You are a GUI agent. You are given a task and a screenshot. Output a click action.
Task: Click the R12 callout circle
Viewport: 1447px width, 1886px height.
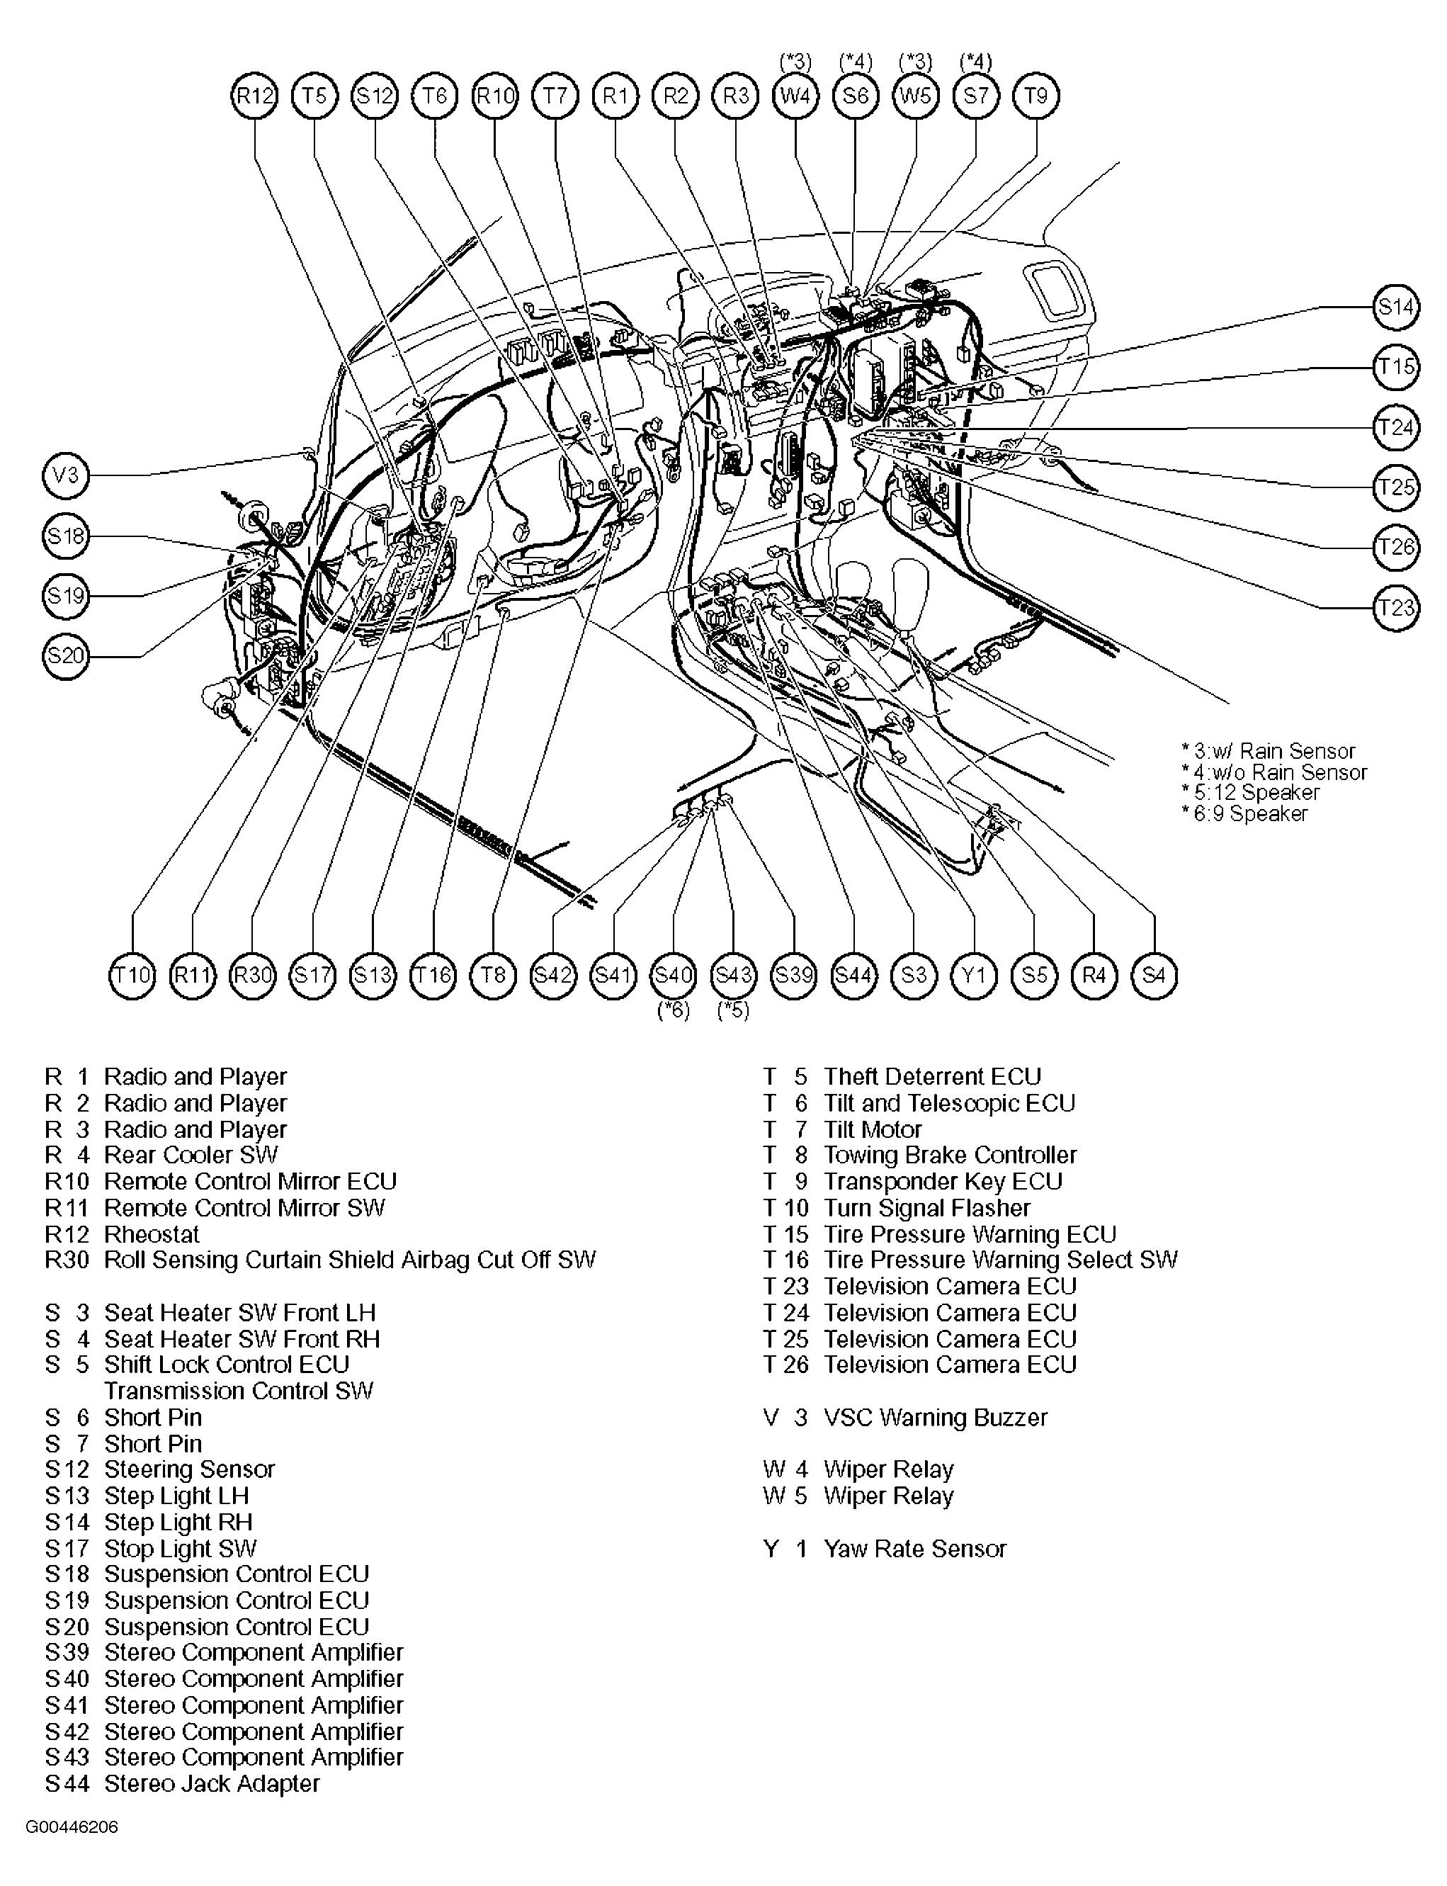click(255, 96)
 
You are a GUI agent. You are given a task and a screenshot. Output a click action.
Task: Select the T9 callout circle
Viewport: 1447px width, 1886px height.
click(1036, 96)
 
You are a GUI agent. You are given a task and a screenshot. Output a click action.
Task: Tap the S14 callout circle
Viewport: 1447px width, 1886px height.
click(1395, 306)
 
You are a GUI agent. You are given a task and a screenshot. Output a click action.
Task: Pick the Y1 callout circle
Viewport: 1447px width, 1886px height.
click(973, 976)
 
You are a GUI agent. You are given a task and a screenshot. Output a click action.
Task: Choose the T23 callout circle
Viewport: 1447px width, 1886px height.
click(1395, 607)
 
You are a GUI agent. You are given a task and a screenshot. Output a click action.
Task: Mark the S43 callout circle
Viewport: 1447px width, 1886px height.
click(733, 976)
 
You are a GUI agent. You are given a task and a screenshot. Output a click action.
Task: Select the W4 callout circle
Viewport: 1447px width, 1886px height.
click(795, 96)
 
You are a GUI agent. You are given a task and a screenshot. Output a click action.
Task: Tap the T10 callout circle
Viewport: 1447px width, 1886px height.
click(132, 976)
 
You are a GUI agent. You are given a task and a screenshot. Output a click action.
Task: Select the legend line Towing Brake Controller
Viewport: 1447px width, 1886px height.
click(949, 1156)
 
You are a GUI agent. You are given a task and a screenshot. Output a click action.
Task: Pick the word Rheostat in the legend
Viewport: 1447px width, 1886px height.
click(152, 1233)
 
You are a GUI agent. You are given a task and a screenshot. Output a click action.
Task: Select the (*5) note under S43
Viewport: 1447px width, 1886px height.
click(733, 1010)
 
